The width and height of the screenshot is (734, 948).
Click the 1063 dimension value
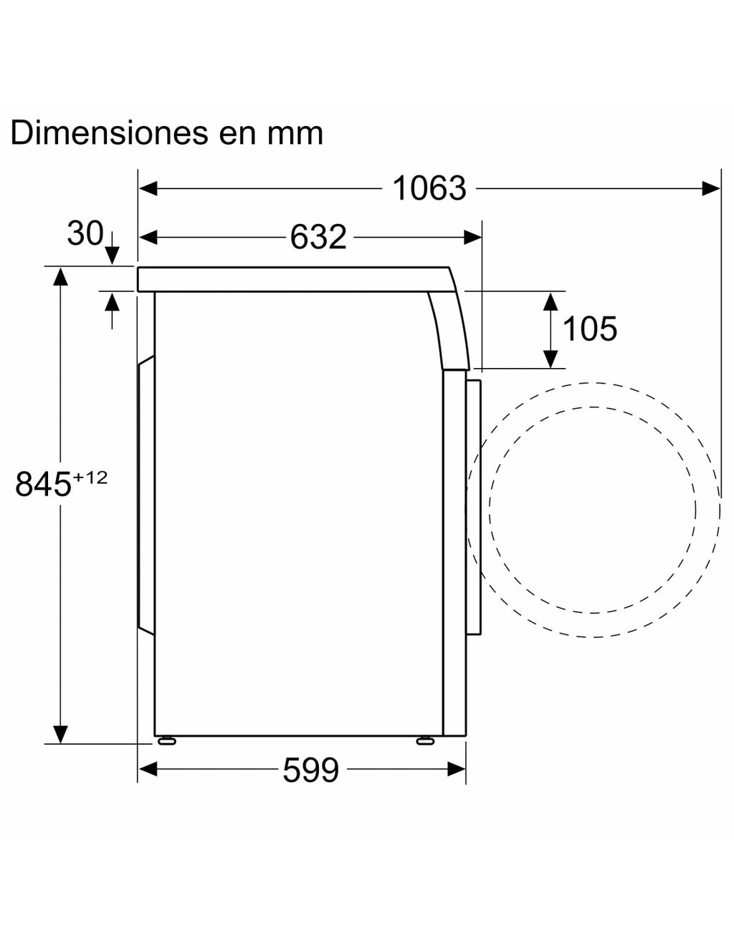tap(429, 189)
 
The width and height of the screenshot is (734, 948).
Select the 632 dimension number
tap(318, 237)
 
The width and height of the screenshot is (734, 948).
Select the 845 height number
tap(43, 484)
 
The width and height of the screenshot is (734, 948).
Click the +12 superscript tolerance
tap(90, 478)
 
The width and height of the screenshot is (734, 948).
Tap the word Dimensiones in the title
tap(110, 132)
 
